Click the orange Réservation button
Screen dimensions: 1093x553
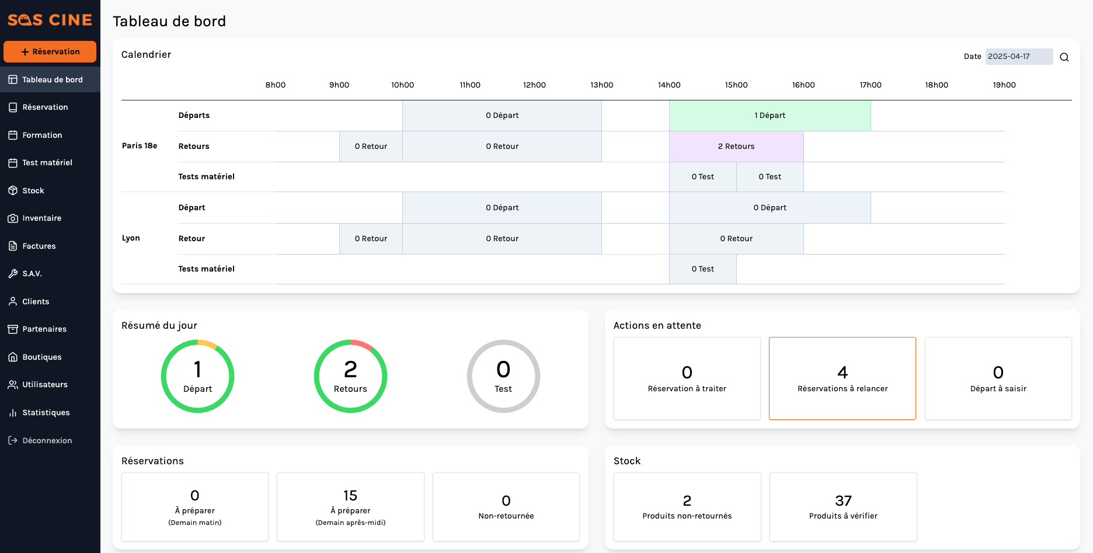point(50,51)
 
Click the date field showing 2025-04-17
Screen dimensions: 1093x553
point(1019,57)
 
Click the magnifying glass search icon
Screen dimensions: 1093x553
point(1064,57)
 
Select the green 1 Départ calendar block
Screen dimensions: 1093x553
point(770,116)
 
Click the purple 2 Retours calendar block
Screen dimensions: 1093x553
point(736,147)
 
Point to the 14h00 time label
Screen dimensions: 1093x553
point(669,85)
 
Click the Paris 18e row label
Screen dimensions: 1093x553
point(140,145)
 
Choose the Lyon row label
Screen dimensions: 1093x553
point(131,238)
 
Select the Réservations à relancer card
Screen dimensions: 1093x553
point(843,378)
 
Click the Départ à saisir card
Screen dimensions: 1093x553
point(998,378)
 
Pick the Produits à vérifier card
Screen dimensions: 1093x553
point(843,507)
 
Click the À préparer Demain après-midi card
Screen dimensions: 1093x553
point(350,507)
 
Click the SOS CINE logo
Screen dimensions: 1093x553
point(50,20)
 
